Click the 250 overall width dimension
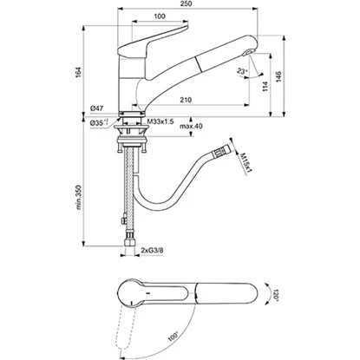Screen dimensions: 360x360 187,3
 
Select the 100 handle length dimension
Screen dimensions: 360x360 160,16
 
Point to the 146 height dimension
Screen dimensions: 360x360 278,76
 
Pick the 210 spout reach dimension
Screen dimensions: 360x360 186,100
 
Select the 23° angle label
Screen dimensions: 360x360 243,71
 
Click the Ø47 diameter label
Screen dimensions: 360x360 96,108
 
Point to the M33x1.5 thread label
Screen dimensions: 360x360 160,121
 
